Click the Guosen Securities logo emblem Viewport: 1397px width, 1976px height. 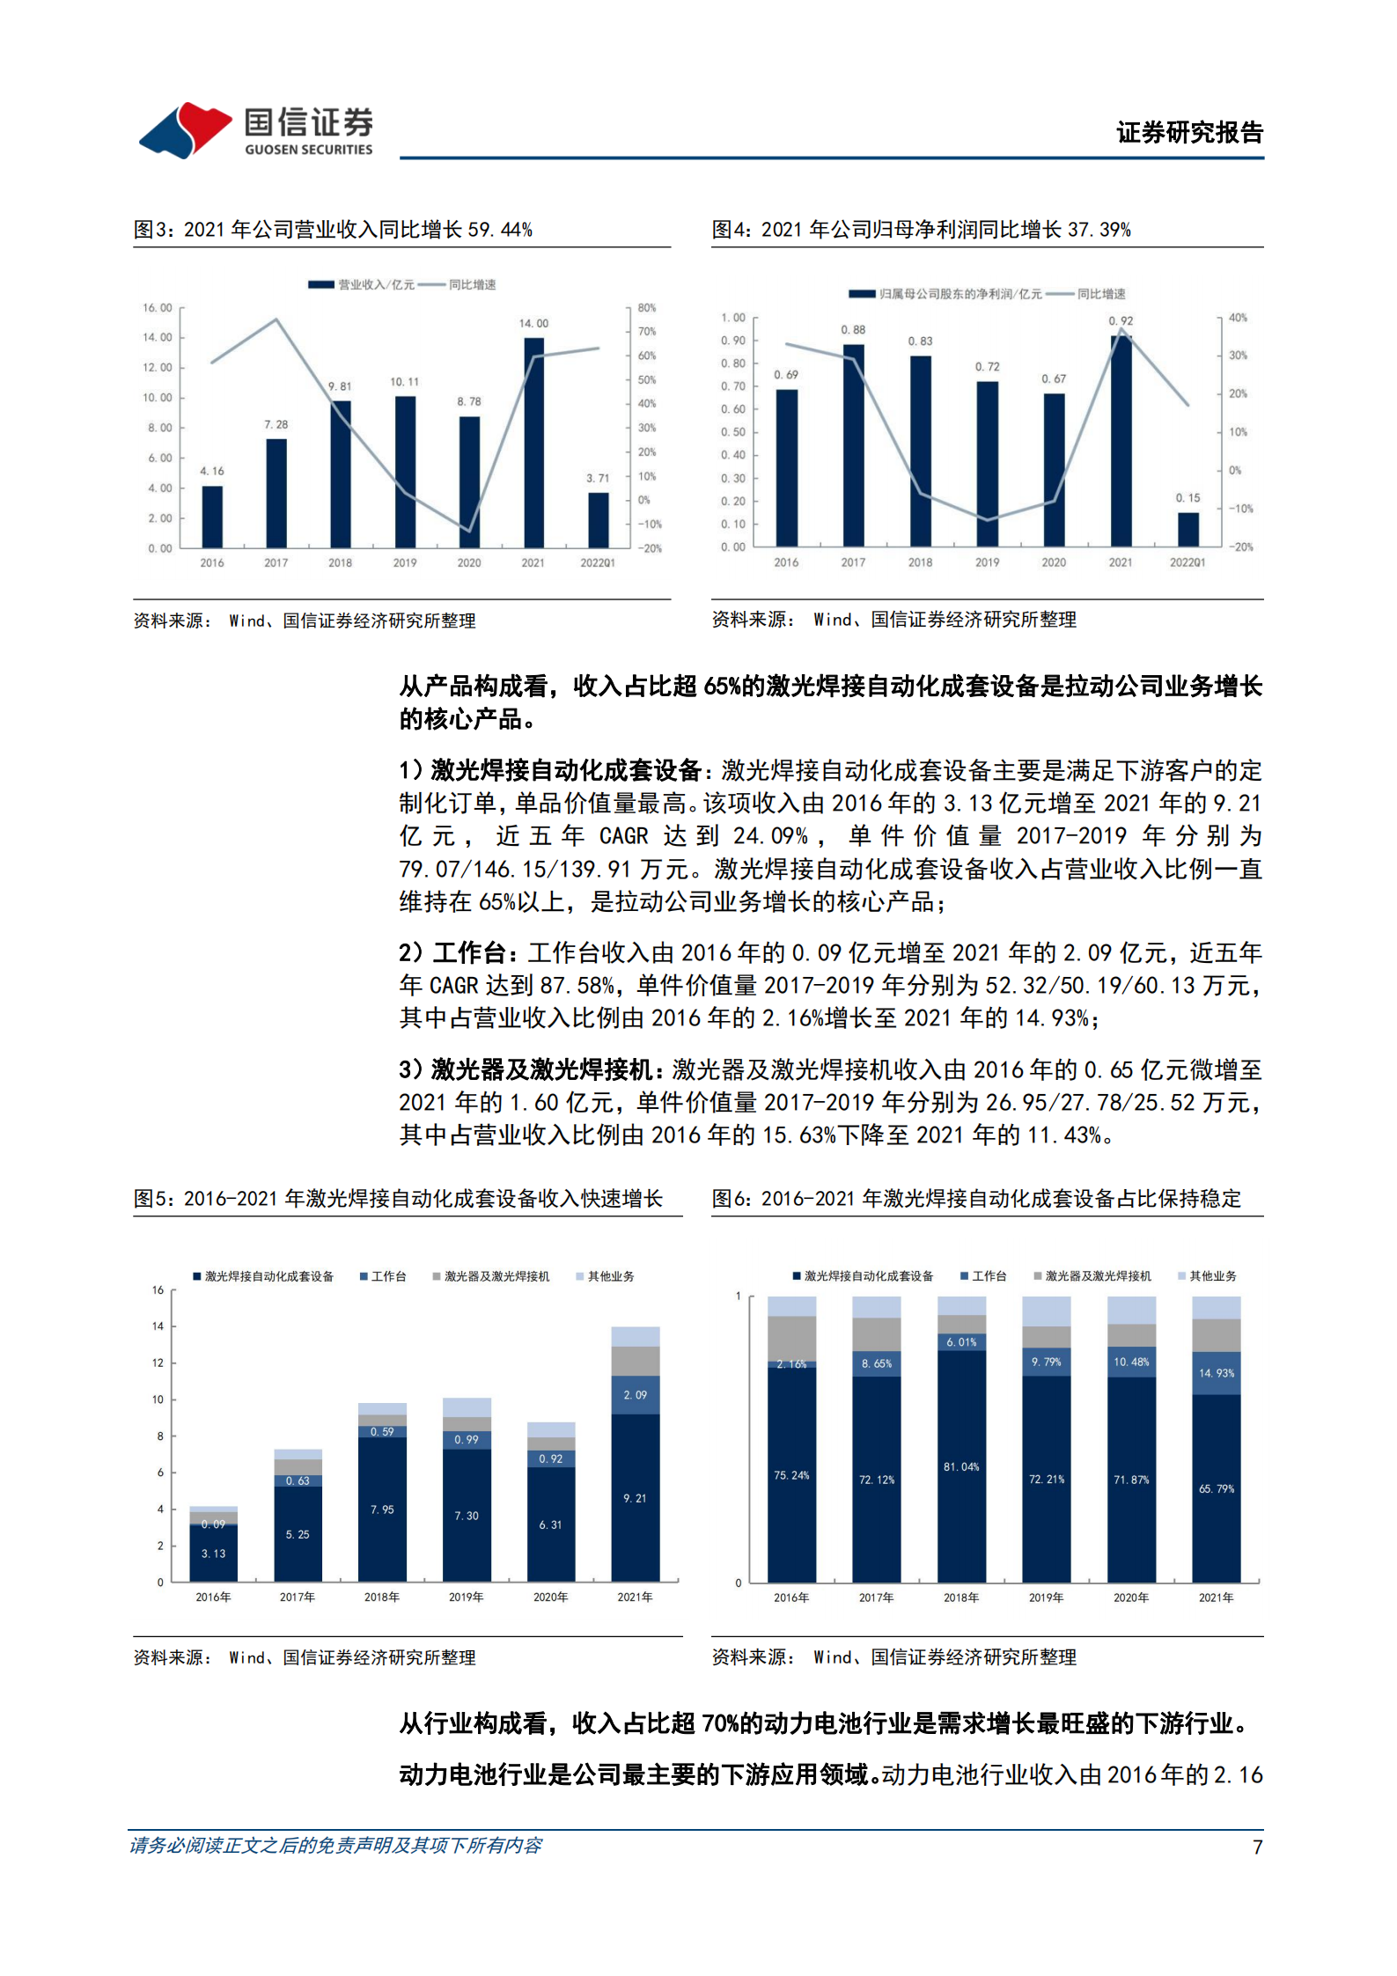(185, 130)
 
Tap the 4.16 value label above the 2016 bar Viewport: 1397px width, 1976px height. (211, 471)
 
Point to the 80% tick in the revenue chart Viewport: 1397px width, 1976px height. (647, 308)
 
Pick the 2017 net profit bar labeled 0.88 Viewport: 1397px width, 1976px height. (853, 444)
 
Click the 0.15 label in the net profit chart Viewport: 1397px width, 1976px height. (1187, 498)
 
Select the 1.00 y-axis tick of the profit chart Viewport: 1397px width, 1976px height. (732, 318)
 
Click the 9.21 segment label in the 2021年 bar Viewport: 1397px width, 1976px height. (635, 1498)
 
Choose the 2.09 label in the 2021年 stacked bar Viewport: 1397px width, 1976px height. (635, 1395)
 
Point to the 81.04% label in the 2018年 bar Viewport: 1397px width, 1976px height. (961, 1467)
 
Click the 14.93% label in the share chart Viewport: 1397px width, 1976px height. (1217, 1373)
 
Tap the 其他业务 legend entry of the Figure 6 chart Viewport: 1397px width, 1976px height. (1212, 1276)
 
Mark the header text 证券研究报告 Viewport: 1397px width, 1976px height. (1189, 133)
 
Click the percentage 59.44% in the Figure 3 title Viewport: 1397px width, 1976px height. (500, 230)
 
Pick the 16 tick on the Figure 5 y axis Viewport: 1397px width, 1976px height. (158, 1290)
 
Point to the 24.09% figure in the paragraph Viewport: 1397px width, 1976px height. (770, 836)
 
